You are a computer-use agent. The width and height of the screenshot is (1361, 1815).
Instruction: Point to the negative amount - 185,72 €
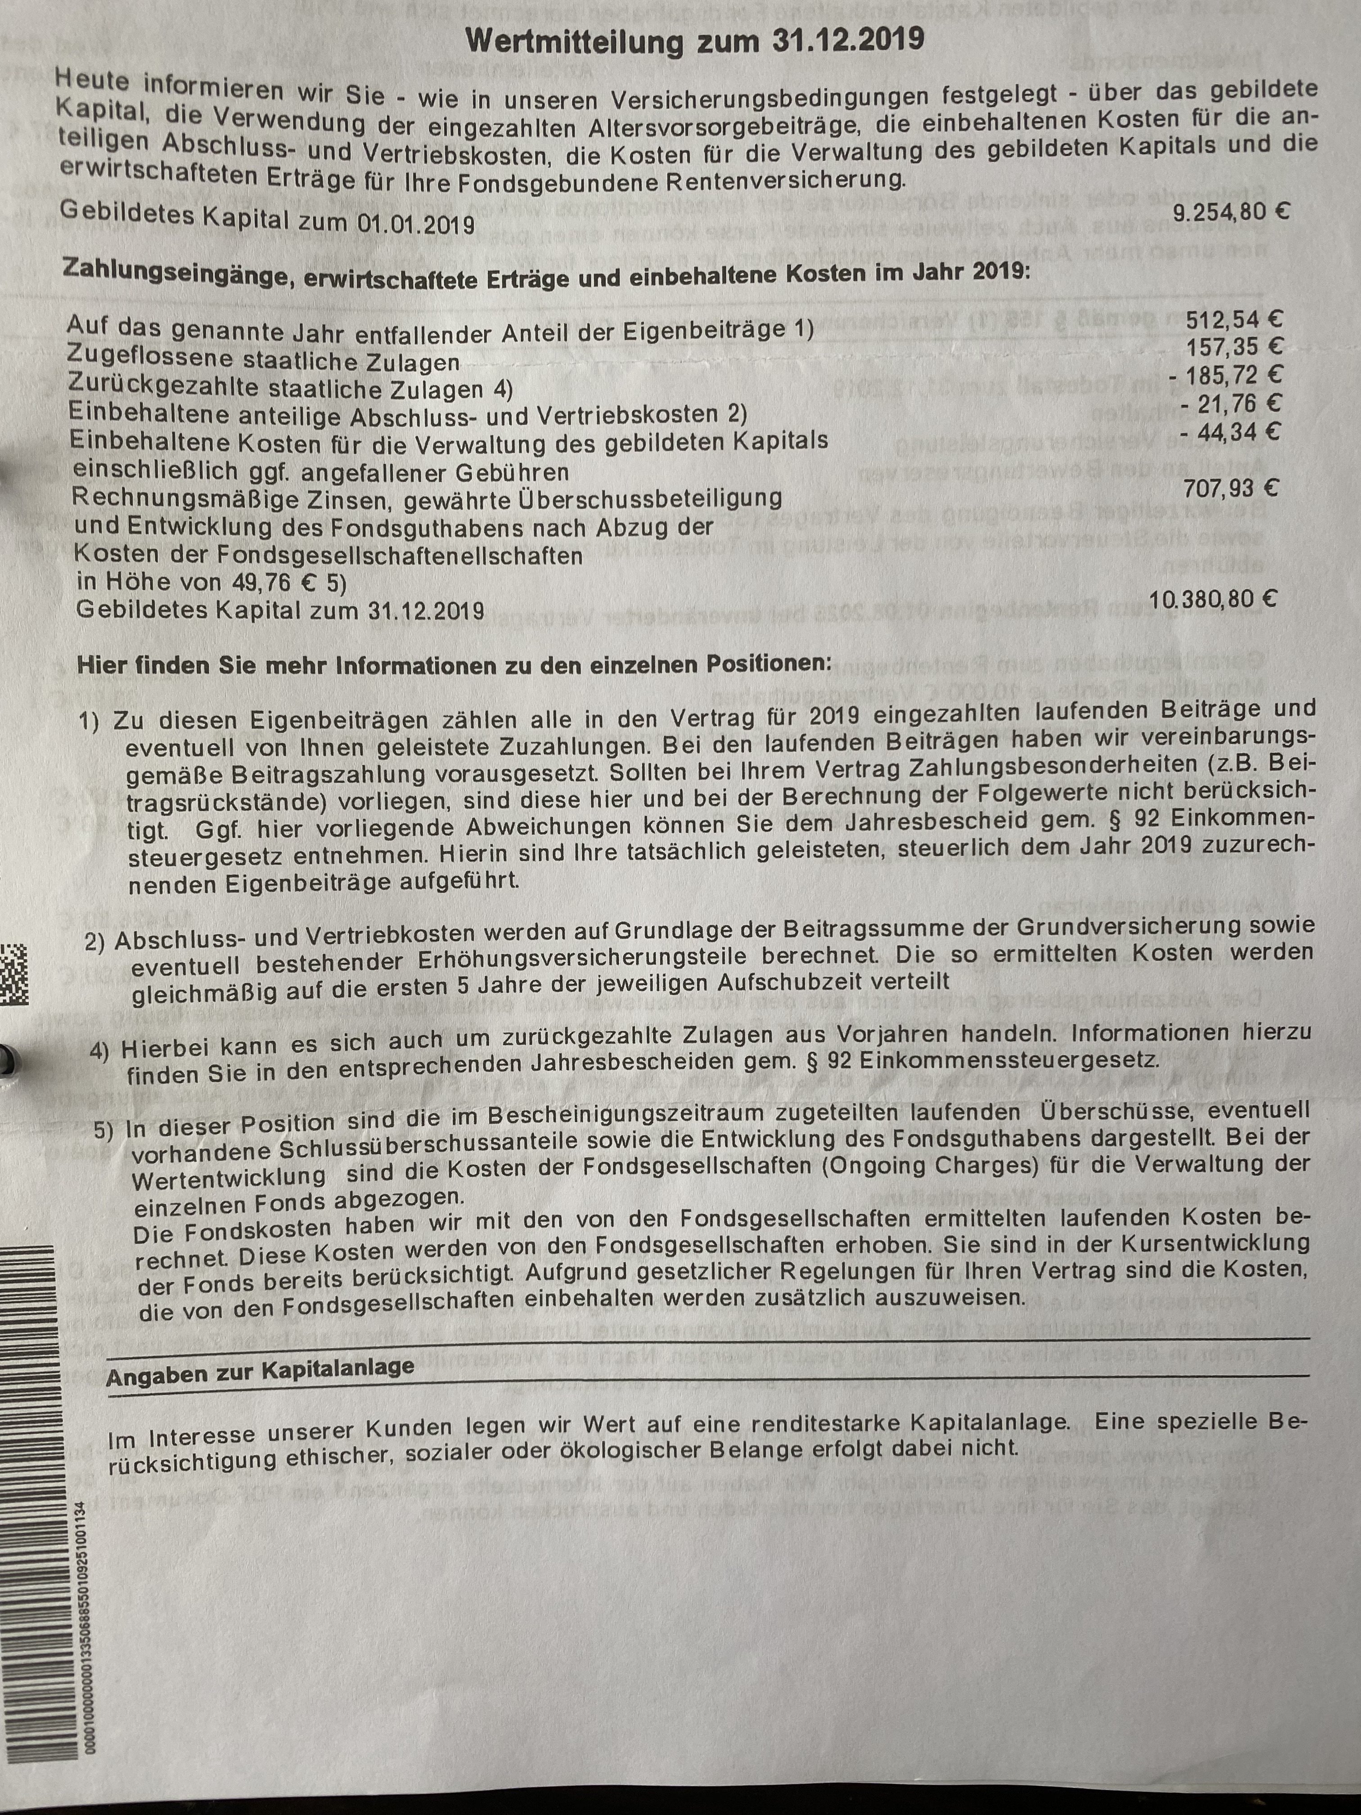[1225, 376]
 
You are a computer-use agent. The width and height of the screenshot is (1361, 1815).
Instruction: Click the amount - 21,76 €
[1230, 404]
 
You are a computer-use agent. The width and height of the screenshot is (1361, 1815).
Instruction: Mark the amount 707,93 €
[1230, 489]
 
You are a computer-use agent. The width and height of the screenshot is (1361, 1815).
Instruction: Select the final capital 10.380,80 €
[1212, 600]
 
